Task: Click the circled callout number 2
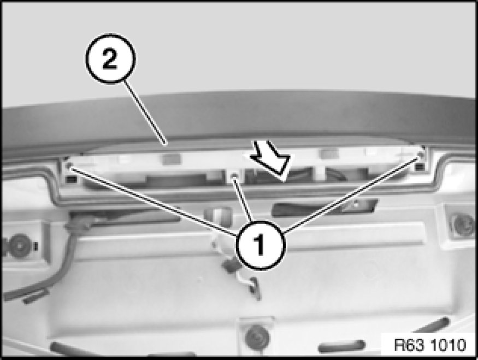110,58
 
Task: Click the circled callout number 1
260,245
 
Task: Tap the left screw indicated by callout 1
69,167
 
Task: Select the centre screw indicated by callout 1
234,175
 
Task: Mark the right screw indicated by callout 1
421,155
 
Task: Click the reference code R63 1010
430,345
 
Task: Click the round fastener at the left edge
19,245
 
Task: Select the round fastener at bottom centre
257,337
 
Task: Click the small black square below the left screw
72,180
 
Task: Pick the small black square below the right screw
420,167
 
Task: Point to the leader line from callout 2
145,112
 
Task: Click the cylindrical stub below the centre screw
217,216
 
